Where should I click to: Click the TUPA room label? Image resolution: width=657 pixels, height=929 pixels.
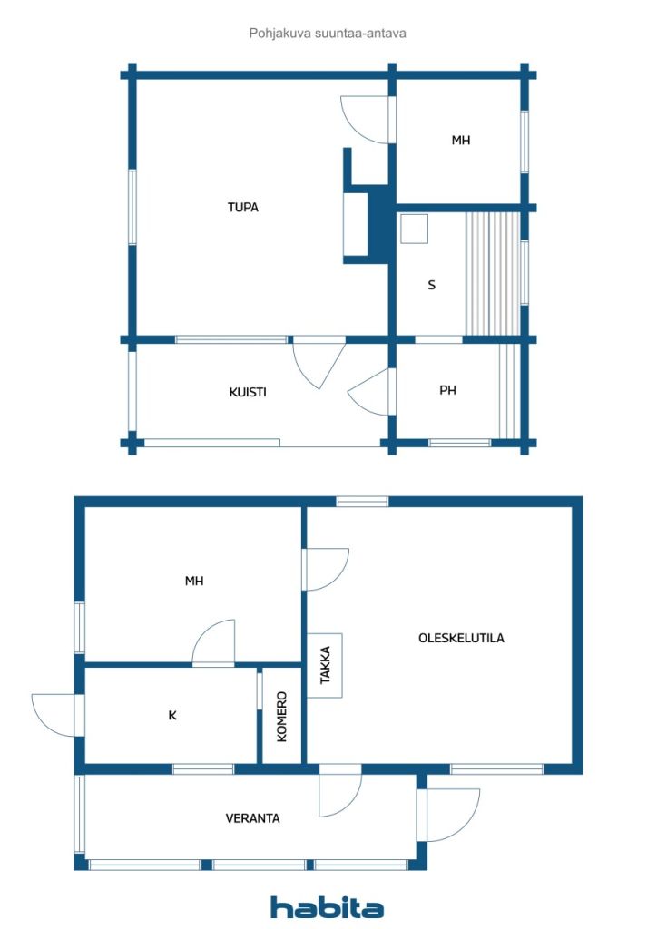coord(243,208)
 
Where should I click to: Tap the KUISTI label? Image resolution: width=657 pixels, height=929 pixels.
coord(248,392)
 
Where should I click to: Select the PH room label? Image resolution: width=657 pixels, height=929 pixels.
coord(448,390)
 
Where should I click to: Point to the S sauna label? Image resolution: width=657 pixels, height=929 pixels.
coord(431,285)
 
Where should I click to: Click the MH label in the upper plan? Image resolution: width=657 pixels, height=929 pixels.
coord(461,141)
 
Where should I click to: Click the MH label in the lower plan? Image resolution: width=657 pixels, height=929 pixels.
coord(194,582)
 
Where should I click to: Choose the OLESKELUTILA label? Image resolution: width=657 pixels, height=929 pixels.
coord(462,638)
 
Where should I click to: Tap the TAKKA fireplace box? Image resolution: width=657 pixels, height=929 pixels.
coord(325,665)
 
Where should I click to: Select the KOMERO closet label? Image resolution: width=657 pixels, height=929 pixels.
coord(282,717)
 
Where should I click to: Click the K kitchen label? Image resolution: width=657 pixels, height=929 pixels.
coord(172,716)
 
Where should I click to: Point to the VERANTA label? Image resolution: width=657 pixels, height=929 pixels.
coord(252,818)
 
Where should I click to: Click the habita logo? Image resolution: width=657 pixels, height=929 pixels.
coord(327,907)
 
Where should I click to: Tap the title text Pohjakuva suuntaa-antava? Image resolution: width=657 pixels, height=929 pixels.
coord(328,34)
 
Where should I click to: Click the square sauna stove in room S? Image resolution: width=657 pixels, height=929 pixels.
coord(414,229)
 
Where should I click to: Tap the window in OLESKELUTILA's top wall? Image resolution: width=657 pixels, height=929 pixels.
coord(363,502)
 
